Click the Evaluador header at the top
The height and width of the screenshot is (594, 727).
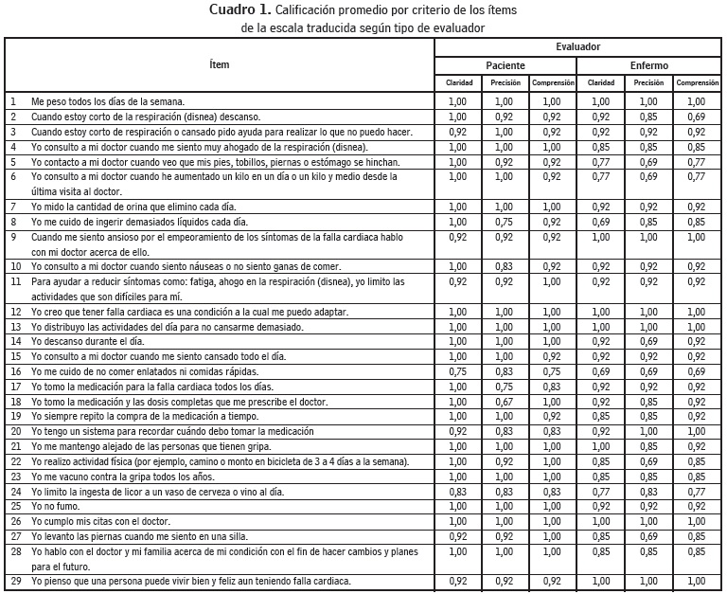577,46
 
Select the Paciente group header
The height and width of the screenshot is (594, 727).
505,65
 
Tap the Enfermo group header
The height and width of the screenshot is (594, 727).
648,65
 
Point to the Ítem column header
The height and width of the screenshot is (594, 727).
219,64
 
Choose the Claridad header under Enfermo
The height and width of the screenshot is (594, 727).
601,83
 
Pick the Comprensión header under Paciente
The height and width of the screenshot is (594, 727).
553,83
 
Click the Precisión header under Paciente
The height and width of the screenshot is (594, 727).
505,83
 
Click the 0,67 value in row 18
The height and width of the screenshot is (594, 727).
505,402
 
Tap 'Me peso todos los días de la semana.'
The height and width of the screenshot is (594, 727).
107,100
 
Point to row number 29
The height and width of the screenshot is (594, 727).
15,580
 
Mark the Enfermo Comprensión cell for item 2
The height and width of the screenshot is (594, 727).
697,116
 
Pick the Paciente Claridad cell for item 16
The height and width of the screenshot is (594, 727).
458,372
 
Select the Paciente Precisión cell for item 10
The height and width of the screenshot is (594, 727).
505,267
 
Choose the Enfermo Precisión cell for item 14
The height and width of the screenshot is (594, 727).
648,342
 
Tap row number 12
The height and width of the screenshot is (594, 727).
15,312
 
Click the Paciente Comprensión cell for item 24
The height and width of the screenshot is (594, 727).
553,491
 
